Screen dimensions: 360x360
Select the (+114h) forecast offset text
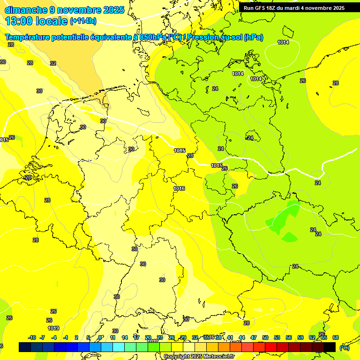(83, 21)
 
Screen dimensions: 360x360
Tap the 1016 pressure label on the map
(179, 189)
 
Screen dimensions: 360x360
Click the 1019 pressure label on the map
(53, 328)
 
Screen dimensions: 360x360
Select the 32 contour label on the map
(53, 63)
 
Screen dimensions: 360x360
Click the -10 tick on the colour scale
(32, 337)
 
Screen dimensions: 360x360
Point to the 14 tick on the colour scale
(125, 337)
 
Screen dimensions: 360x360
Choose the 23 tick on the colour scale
(160, 337)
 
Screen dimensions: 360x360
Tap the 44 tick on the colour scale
(242, 337)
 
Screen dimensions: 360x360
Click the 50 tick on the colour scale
(265, 337)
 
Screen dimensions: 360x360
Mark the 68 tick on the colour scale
(336, 337)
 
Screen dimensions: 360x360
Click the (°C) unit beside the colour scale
(345, 348)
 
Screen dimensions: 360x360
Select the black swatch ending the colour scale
(330, 347)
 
